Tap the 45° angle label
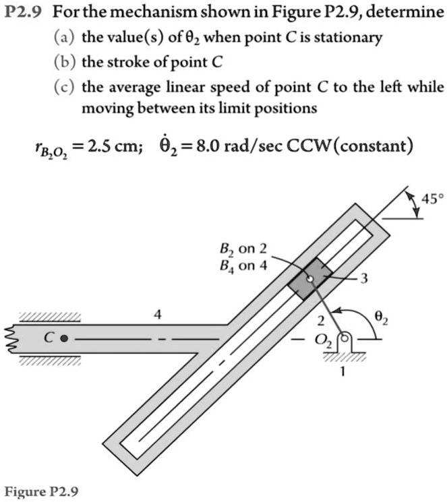pyautogui.click(x=433, y=199)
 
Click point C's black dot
pyautogui.click(x=64, y=338)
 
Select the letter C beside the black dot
pyautogui.click(x=48, y=338)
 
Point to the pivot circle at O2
pyautogui.click(x=345, y=338)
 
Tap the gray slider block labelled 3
pyautogui.click(x=310, y=279)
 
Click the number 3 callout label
pyautogui.click(x=363, y=278)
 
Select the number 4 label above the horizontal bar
pyautogui.click(x=157, y=315)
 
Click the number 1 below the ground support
pyautogui.click(x=342, y=371)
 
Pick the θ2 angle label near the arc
pyautogui.click(x=381, y=318)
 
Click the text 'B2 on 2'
pyautogui.click(x=243, y=249)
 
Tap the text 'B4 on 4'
pyautogui.click(x=243, y=265)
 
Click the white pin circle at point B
pyautogui.click(x=310, y=280)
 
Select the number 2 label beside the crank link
pyautogui.click(x=321, y=321)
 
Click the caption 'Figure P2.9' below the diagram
pyautogui.click(x=41, y=491)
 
